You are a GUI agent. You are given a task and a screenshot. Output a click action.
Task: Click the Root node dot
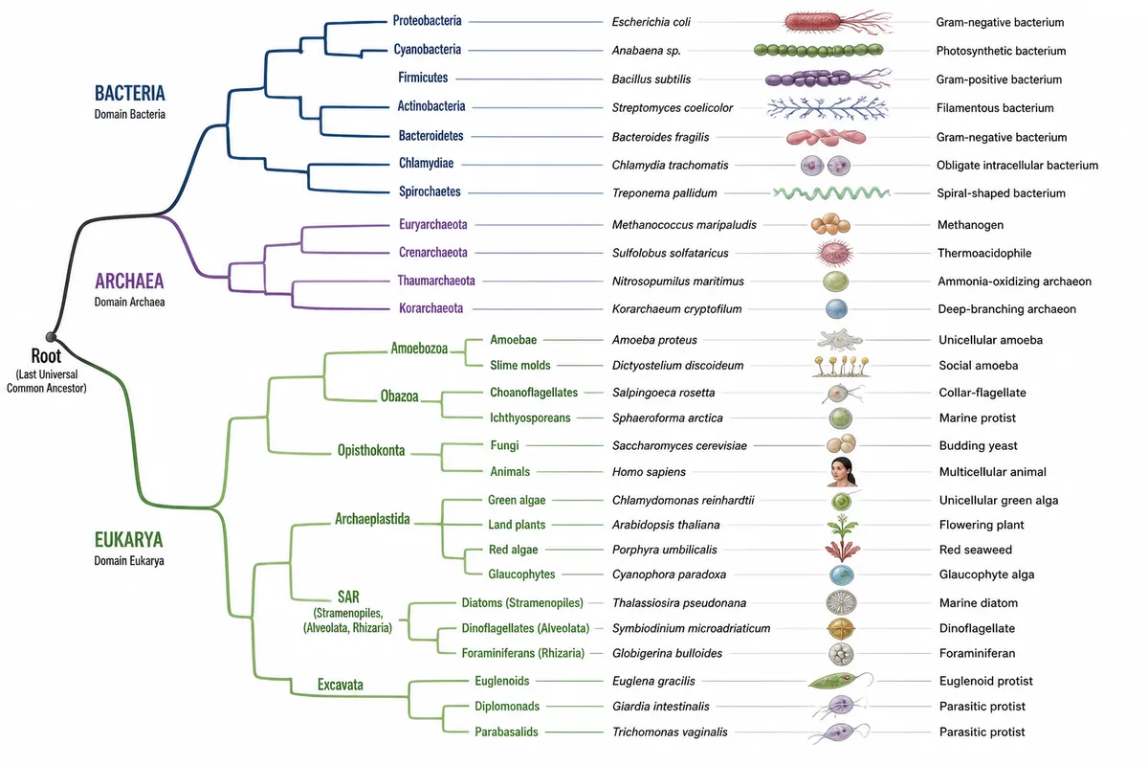click(x=51, y=337)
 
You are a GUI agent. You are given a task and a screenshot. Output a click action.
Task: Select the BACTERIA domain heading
click(x=130, y=94)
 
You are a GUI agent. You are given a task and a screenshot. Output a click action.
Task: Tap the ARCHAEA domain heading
click(x=129, y=282)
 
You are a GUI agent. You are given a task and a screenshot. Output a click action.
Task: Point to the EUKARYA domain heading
click(x=128, y=540)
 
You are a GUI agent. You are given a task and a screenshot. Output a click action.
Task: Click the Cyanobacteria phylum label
click(x=428, y=49)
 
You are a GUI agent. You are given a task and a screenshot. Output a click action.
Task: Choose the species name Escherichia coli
click(x=651, y=22)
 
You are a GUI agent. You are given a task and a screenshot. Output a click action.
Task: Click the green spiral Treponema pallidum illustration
click(x=831, y=192)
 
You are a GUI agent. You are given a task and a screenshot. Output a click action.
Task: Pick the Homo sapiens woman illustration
click(x=842, y=471)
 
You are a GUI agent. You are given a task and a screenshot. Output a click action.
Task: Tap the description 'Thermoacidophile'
click(x=984, y=253)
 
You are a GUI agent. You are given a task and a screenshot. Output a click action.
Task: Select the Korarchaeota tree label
click(x=431, y=308)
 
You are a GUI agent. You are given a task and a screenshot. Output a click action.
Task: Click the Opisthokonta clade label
click(x=371, y=450)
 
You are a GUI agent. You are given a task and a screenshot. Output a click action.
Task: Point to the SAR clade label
click(x=348, y=597)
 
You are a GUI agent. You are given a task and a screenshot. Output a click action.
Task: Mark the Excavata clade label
click(x=341, y=685)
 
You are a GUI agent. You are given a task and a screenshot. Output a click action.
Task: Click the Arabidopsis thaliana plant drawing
click(x=842, y=525)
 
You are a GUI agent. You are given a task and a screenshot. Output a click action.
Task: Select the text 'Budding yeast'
click(x=979, y=445)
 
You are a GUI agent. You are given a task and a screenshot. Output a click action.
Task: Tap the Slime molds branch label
click(x=520, y=366)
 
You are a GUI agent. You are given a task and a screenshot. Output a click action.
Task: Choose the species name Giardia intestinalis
click(x=661, y=707)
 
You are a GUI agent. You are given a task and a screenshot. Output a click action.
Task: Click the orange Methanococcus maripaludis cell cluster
click(x=830, y=224)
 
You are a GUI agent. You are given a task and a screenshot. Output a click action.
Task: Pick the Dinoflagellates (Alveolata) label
click(x=525, y=628)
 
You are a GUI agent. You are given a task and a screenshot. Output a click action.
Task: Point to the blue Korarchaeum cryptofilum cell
click(x=836, y=309)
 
